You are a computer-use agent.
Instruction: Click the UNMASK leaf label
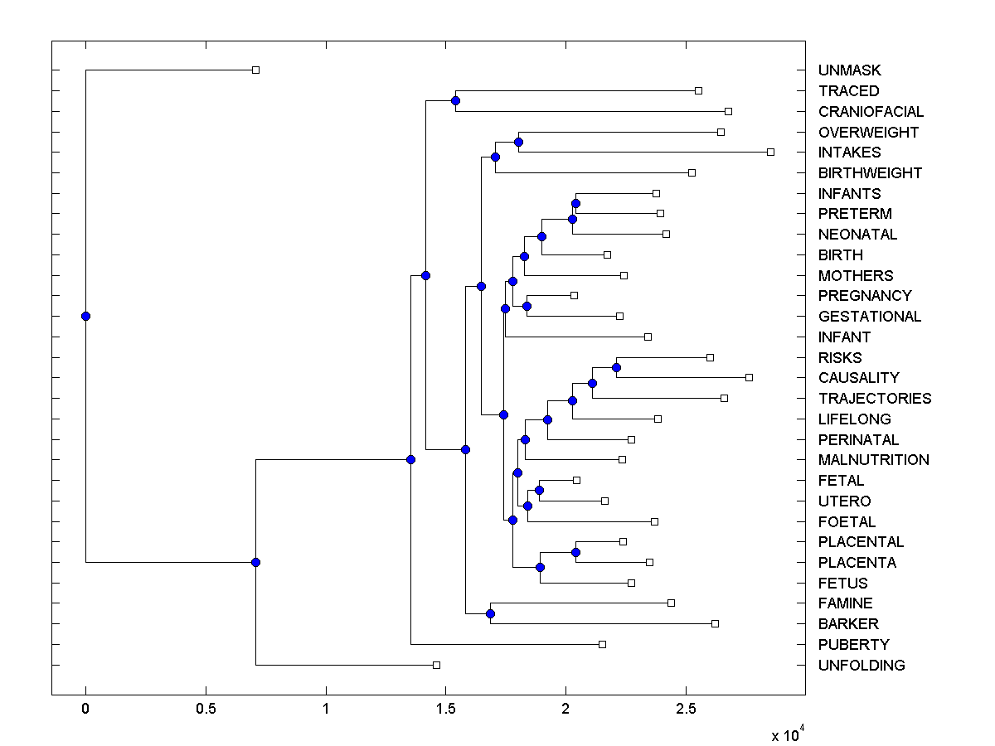click(x=849, y=70)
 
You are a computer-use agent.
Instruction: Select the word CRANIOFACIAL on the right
click(x=871, y=112)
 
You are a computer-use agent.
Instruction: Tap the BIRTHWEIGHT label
click(x=870, y=173)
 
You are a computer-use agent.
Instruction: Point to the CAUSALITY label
click(x=858, y=378)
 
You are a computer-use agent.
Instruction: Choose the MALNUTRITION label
click(x=873, y=460)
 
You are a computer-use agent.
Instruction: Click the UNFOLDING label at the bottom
click(x=862, y=666)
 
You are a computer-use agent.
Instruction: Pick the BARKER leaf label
click(x=848, y=624)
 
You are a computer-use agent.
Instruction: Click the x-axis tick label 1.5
click(x=445, y=710)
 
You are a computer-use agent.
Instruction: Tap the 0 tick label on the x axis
click(x=85, y=710)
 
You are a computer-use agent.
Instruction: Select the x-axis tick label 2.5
click(x=686, y=710)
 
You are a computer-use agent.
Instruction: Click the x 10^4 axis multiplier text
click(x=787, y=734)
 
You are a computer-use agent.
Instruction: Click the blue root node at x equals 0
click(x=85, y=316)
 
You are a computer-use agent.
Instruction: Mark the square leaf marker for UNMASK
click(x=255, y=70)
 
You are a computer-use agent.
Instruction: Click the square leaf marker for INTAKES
click(x=770, y=152)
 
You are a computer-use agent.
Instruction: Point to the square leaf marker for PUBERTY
click(x=602, y=644)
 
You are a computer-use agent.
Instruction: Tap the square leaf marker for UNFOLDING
click(x=436, y=665)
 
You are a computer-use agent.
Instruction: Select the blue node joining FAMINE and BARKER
click(x=490, y=613)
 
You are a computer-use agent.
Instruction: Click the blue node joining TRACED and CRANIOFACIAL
click(x=455, y=100)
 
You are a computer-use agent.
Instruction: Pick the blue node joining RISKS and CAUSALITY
click(x=616, y=367)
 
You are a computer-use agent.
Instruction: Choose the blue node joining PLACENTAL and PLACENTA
click(x=575, y=552)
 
